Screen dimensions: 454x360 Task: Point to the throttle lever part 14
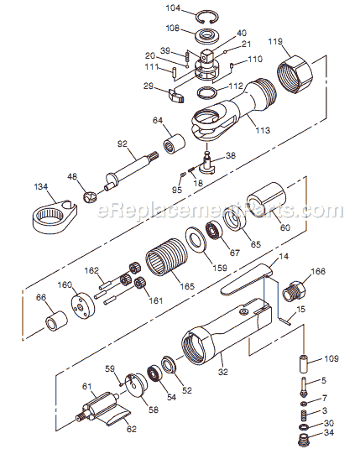click(248, 279)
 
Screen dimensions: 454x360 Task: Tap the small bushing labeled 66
click(59, 323)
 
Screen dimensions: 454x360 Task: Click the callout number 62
click(131, 429)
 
